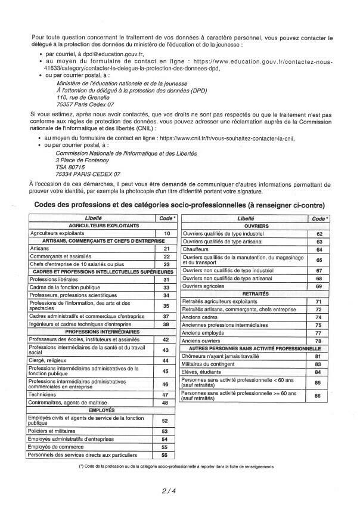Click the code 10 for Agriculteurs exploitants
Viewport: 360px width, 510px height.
[x=167, y=233]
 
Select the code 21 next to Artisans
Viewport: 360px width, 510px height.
[x=167, y=248]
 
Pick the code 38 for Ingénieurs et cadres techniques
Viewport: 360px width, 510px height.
[x=167, y=324]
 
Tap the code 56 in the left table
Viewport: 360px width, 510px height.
[x=167, y=455]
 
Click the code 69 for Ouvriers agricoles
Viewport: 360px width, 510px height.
[x=319, y=287]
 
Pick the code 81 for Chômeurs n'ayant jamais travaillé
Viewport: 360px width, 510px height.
[x=319, y=356]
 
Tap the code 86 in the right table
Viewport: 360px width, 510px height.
[x=319, y=395]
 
